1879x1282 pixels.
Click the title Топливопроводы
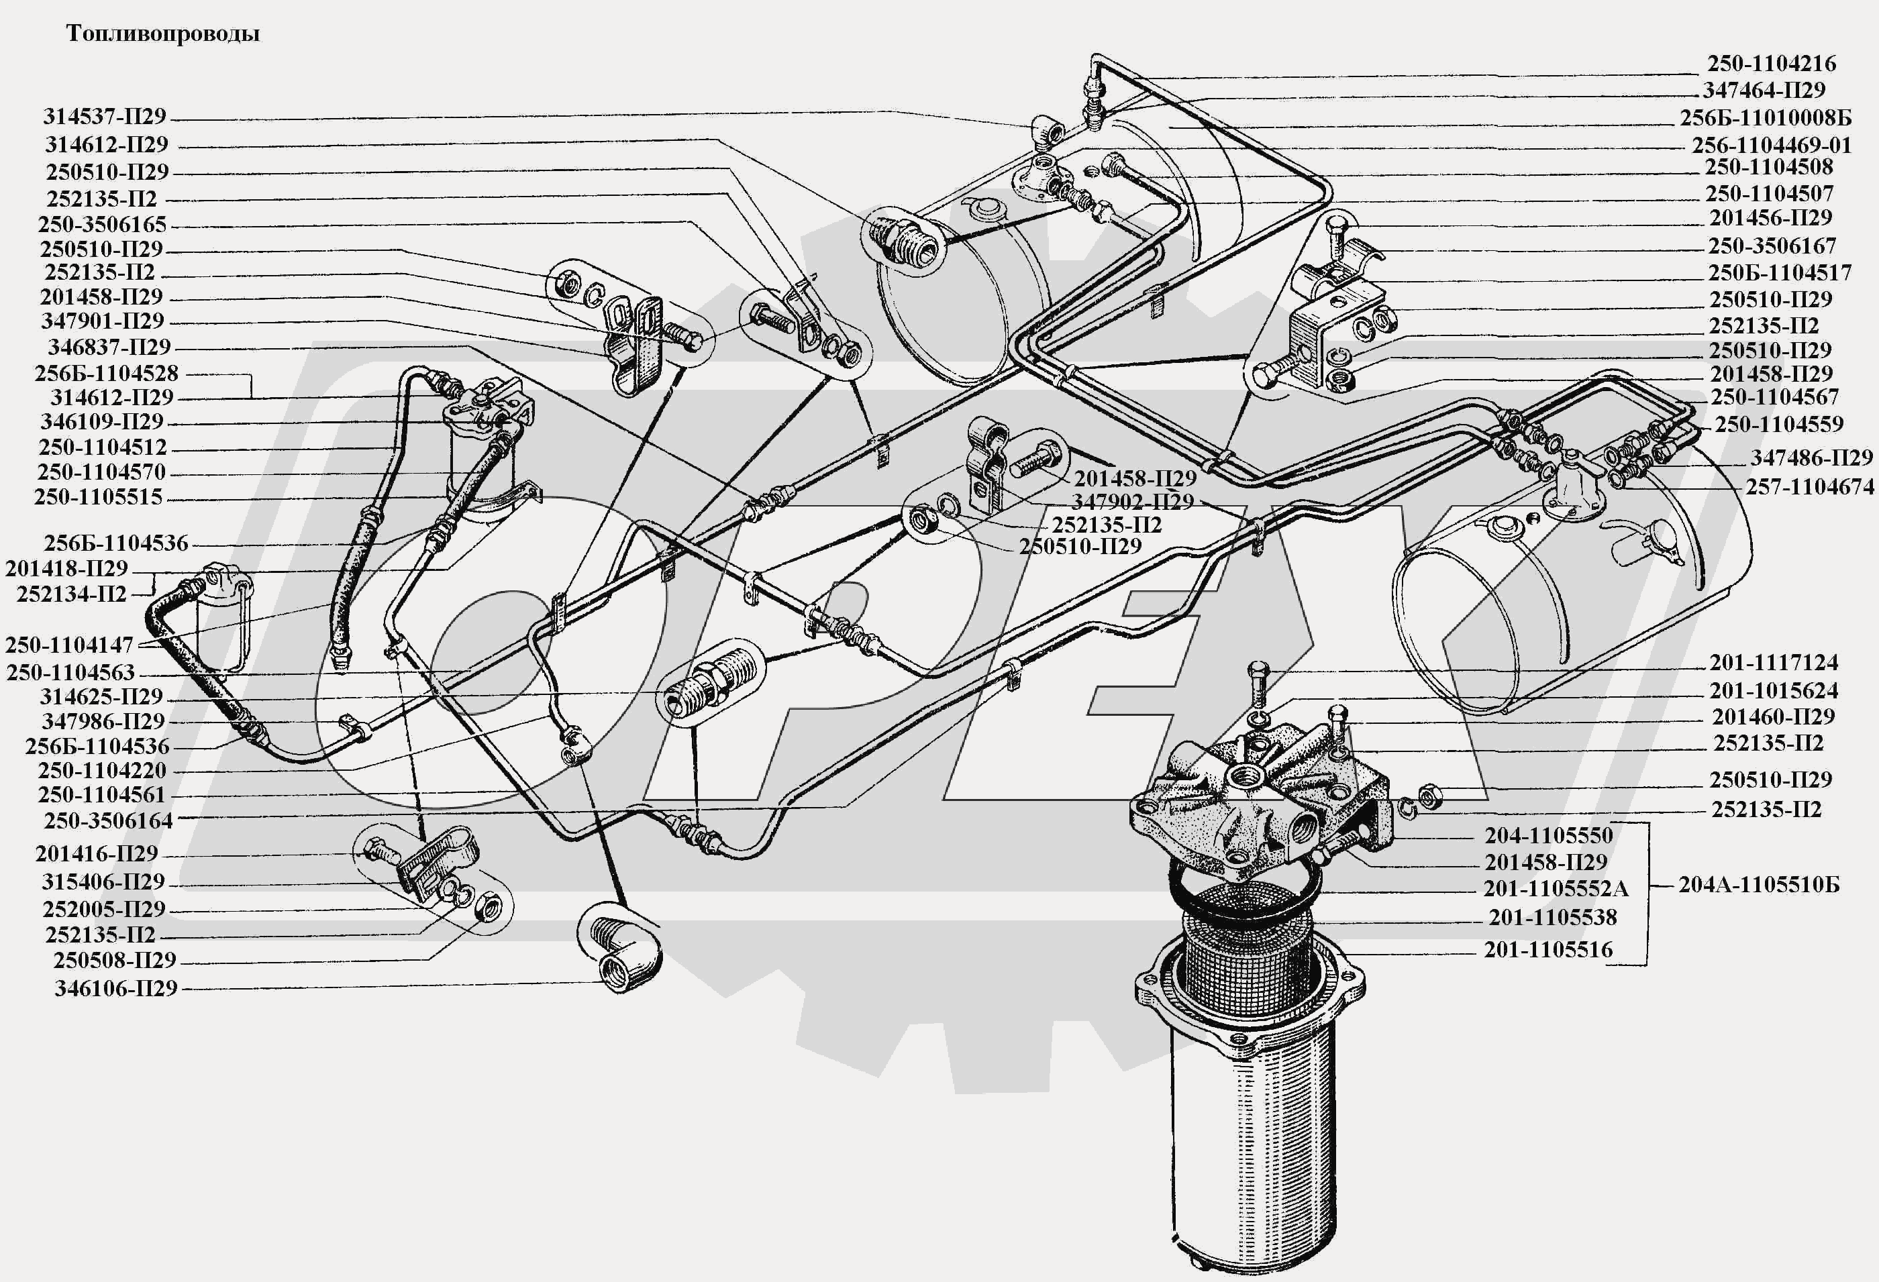pyautogui.click(x=162, y=34)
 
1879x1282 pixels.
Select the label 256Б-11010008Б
pyautogui.click(x=1765, y=118)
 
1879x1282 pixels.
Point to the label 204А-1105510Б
pyautogui.click(x=1758, y=884)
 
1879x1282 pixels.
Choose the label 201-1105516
pyautogui.click(x=1548, y=950)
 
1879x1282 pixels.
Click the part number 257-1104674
pyautogui.click(x=1809, y=486)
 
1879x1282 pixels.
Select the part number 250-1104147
pyautogui.click(x=70, y=645)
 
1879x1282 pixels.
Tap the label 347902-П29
pyautogui.click(x=1133, y=501)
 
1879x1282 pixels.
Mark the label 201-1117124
pyautogui.click(x=1774, y=663)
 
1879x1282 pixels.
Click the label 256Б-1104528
pyautogui.click(x=106, y=374)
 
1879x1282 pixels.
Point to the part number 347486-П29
pyautogui.click(x=1811, y=458)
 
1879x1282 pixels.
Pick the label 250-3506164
pyautogui.click(x=108, y=820)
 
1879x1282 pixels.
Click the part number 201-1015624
pyautogui.click(x=1774, y=690)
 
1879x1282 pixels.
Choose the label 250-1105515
pyautogui.click(x=98, y=496)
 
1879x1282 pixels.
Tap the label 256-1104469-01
pyautogui.click(x=1772, y=146)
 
